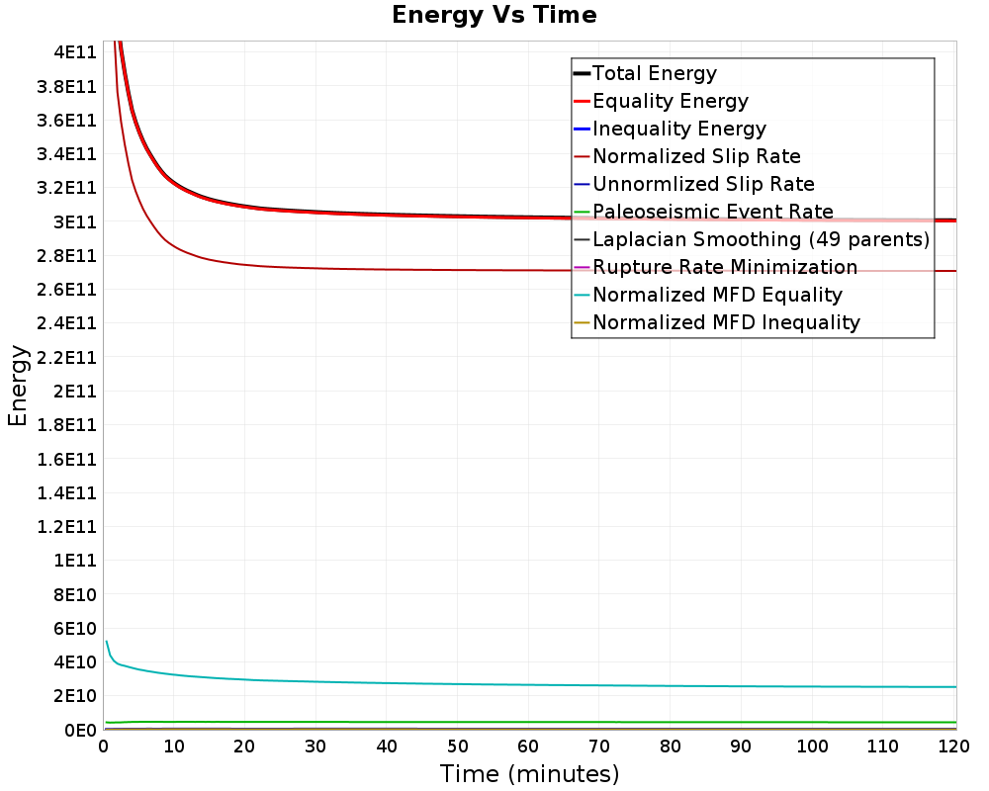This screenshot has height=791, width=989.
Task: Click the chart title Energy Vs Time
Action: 494,15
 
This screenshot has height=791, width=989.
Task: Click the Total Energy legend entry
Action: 654,73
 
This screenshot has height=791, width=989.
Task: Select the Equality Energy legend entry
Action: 670,101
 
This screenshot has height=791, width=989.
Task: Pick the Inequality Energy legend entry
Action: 678,129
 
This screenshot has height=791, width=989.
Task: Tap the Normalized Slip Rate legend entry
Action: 696,156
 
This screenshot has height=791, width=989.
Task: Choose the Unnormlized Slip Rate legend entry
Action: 703,184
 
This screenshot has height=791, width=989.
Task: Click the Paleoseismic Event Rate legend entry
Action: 712,212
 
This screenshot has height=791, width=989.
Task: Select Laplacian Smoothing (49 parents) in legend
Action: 761,239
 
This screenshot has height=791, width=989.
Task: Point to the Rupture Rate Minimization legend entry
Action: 725,267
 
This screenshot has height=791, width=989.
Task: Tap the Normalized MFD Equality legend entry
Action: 717,295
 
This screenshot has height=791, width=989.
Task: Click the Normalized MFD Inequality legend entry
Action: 726,322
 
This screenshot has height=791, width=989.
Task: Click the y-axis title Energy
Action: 17,386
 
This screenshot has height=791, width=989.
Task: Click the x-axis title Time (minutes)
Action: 529,773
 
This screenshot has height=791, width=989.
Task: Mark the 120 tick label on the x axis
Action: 953,747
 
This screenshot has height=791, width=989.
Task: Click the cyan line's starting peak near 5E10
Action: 107,642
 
